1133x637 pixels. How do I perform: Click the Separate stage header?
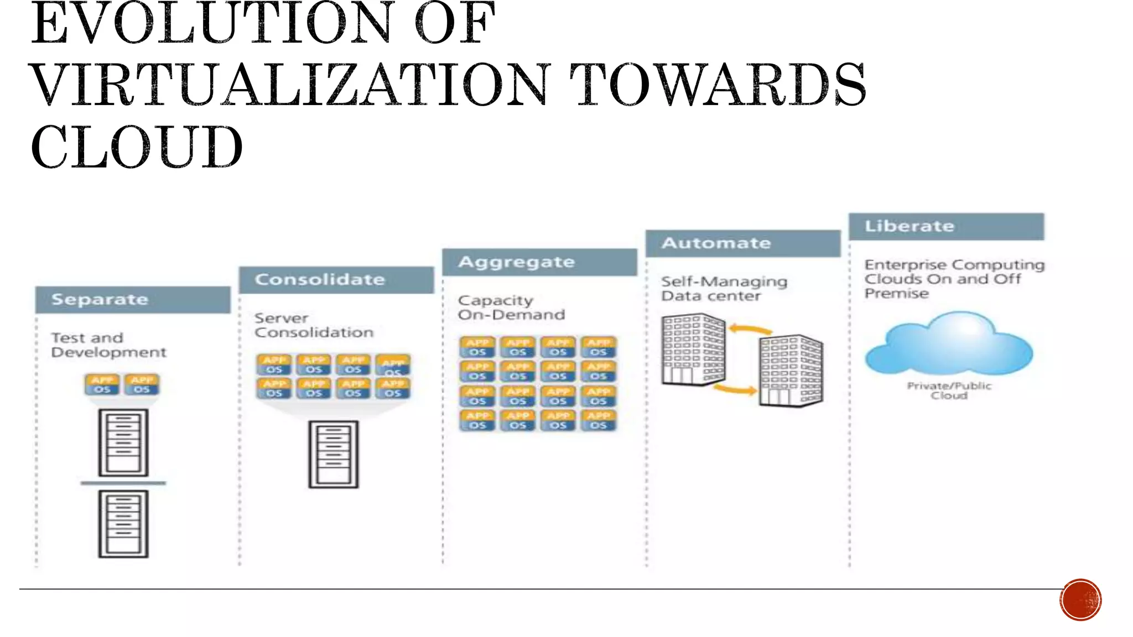point(133,300)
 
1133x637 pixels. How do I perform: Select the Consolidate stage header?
point(336,280)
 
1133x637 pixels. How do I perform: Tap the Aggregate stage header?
point(539,262)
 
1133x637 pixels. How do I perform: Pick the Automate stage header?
point(743,243)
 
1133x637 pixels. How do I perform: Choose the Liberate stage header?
point(946,226)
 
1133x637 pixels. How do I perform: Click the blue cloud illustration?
point(949,343)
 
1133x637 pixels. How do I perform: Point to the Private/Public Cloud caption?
point(949,390)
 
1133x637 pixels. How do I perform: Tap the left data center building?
point(693,349)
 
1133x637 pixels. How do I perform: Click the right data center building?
point(791,370)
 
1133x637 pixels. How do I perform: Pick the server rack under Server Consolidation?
point(334,455)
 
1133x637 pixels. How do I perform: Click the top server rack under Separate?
point(123,442)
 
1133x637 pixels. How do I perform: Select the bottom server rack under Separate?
point(123,524)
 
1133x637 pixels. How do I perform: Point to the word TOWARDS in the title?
point(718,85)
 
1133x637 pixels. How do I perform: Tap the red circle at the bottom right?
point(1080,600)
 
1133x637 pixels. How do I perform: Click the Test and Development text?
point(108,345)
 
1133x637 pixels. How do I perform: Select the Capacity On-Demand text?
point(511,307)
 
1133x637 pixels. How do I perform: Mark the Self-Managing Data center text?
point(724,289)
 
